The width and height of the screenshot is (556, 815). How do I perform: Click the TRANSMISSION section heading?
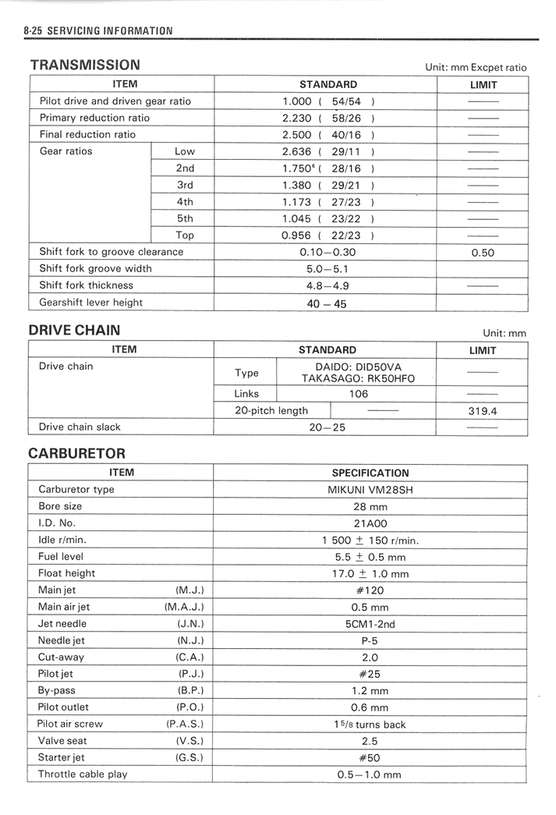(85, 66)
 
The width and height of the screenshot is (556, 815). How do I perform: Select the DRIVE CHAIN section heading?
(74, 331)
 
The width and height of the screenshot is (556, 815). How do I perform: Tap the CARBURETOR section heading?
(76, 453)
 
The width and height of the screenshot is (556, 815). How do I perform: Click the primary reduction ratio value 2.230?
(297, 118)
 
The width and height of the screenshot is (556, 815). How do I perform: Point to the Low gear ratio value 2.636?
(297, 151)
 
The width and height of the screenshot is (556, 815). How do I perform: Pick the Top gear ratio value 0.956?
(297, 235)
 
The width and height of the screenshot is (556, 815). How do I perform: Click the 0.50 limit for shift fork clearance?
(483, 253)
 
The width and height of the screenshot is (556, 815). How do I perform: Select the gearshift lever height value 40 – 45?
(327, 303)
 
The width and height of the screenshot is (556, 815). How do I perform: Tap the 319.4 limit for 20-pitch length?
(483, 411)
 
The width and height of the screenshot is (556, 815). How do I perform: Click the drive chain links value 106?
(358, 394)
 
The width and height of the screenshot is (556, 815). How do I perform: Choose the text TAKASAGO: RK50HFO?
(358, 378)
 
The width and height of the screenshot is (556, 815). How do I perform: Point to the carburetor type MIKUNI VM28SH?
(370, 490)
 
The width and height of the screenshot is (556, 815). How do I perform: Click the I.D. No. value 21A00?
(370, 523)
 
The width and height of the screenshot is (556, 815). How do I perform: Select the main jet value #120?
(370, 590)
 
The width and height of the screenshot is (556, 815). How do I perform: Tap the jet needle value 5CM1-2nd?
(370, 624)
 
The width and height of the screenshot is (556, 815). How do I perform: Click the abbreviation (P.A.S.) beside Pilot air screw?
(185, 724)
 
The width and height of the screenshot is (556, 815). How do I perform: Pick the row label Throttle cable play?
(83, 774)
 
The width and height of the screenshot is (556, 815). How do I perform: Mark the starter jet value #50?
(370, 758)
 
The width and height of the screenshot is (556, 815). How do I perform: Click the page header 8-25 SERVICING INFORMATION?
(98, 31)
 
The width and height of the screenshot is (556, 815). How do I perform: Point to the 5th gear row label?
(185, 218)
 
